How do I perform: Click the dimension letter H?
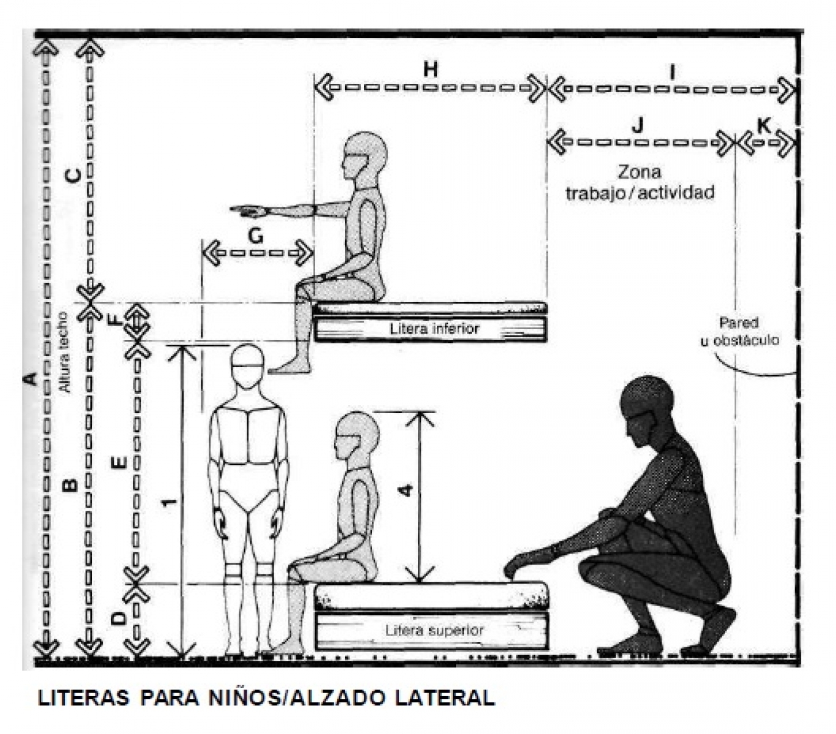(431, 69)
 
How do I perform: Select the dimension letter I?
(672, 73)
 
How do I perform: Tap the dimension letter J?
(638, 125)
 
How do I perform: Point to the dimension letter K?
(764, 125)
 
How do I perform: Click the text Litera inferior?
(434, 329)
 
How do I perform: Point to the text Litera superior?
(434, 630)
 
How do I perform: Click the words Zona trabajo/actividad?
(640, 182)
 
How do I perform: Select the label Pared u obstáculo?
(739, 331)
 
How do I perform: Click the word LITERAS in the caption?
(83, 698)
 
